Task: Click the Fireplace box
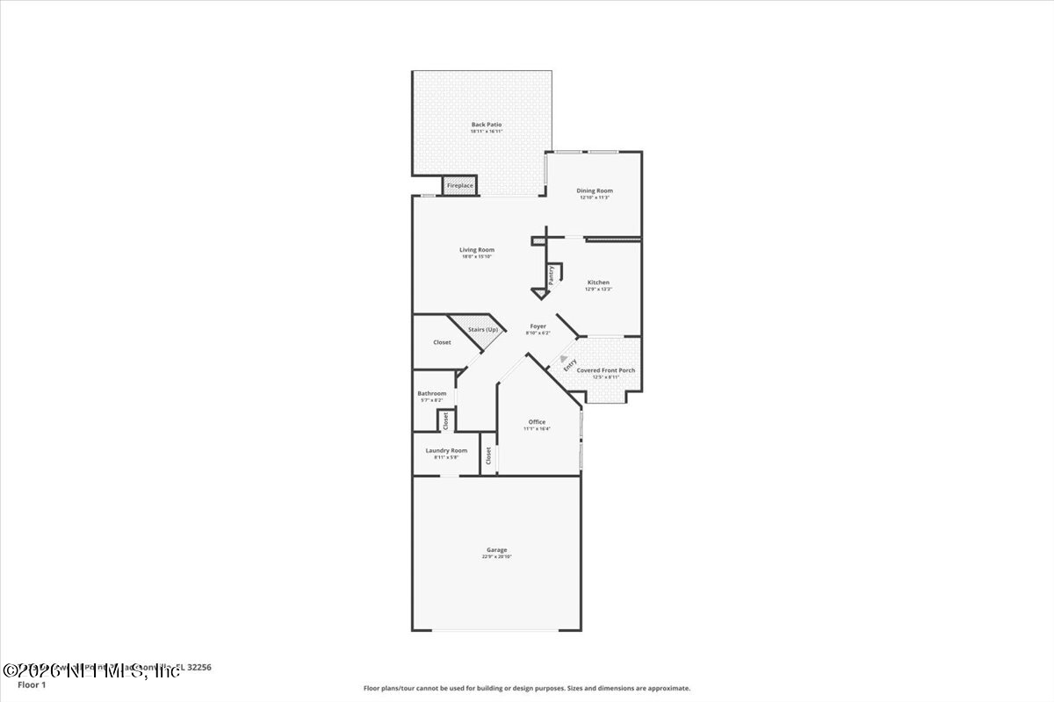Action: [460, 186]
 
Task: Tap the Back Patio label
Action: [487, 125]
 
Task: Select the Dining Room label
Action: [595, 190]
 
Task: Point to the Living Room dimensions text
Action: [477, 256]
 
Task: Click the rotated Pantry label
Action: [552, 276]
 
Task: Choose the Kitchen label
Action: [598, 283]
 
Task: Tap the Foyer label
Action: [538, 326]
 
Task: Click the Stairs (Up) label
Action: [482, 329]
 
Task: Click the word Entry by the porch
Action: [570, 366]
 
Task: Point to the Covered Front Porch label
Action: [605, 370]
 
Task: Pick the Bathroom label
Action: [431, 393]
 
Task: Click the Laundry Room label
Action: [446, 450]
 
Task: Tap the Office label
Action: [537, 422]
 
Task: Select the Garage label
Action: [496, 550]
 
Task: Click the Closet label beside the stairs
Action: [442, 342]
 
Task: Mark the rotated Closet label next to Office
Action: [488, 455]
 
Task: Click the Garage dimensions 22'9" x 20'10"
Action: [496, 557]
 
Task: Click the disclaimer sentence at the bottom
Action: [527, 688]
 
